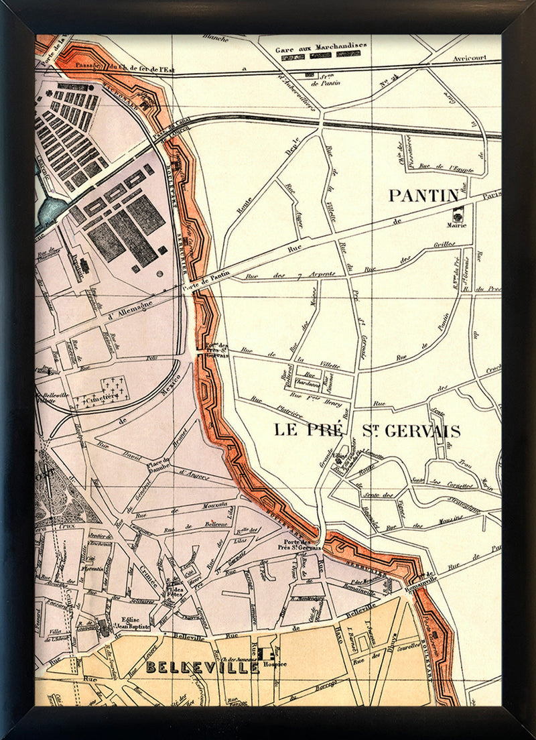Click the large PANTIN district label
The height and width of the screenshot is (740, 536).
(x=424, y=196)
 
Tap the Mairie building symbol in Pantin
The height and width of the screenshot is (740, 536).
(x=459, y=214)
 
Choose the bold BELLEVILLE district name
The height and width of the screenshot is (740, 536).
(x=202, y=668)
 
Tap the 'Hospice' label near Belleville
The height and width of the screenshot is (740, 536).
(x=275, y=664)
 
